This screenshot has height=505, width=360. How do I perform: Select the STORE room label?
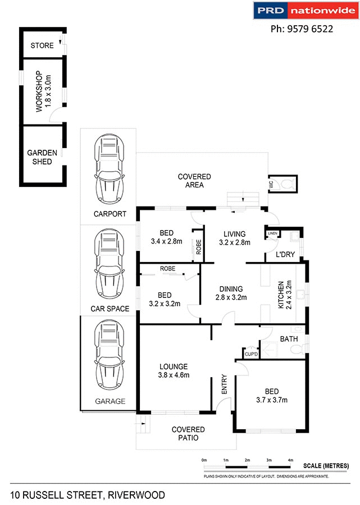(43, 45)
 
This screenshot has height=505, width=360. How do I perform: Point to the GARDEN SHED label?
(40, 157)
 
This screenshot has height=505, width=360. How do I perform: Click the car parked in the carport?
(108, 171)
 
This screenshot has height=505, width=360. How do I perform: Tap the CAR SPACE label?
(110, 309)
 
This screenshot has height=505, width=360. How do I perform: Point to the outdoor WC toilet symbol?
(286, 184)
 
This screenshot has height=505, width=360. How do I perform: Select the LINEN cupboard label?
(272, 233)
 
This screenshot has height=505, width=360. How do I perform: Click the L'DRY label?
(285, 255)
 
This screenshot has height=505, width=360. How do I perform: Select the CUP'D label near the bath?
(250, 354)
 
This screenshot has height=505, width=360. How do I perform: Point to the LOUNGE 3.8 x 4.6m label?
(174, 371)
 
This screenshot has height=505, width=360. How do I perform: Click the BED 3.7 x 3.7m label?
(271, 396)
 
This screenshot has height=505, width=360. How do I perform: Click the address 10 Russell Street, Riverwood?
(87, 495)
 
